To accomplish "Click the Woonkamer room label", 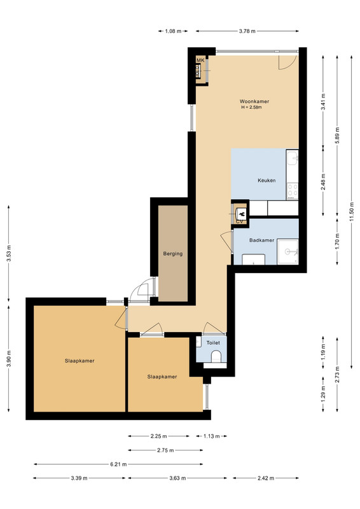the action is (254, 101).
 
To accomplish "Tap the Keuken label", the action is (267, 181).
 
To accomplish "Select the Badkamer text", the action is (261, 241).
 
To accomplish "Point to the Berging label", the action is (173, 253).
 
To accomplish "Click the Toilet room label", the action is (213, 343).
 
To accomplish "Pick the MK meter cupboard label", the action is (200, 60).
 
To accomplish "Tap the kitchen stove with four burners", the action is (292, 190).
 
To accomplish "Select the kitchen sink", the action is (292, 158).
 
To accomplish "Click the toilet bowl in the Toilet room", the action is (216, 358).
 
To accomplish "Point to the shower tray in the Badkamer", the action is (287, 252).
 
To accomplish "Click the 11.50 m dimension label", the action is (351, 212).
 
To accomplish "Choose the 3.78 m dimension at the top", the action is (247, 31).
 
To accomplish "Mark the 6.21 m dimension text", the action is (118, 464).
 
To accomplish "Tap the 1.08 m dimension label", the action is (173, 31).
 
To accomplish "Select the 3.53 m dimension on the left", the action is (9, 253).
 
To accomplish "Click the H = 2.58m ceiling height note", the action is (251, 108).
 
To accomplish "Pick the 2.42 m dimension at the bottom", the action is (266, 478).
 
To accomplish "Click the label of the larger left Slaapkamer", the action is (80, 361).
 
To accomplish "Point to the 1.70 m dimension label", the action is (337, 242).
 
